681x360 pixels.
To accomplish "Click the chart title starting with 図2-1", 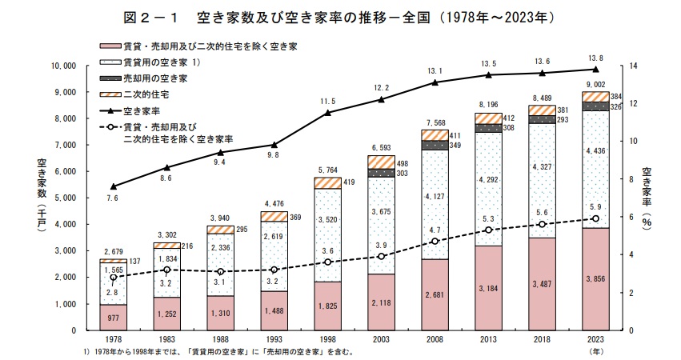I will coord(340,14).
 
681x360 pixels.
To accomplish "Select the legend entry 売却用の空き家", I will coord(155,78).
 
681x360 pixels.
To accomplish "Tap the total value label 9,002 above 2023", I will coord(594,84).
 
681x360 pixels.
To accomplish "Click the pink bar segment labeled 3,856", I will coord(594,279).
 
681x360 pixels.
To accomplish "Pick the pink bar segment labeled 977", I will coord(113,318).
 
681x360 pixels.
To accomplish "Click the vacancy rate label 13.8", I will coord(594,58).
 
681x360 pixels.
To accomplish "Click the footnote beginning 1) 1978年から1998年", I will coord(216,351).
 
